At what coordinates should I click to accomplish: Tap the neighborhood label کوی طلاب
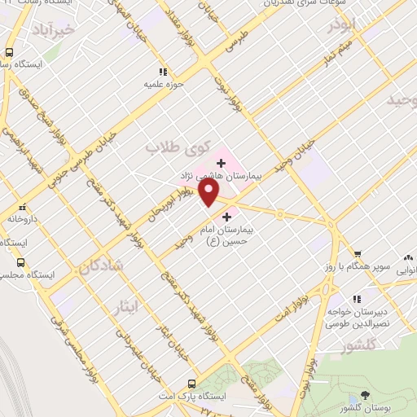(167, 147)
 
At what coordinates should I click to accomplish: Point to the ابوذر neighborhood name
(343, 26)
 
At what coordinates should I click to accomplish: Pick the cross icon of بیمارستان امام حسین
(226, 217)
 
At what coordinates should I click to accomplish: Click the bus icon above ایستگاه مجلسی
(21, 262)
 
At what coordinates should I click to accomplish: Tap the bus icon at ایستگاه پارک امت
(191, 383)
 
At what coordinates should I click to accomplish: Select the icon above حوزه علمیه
(162, 72)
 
